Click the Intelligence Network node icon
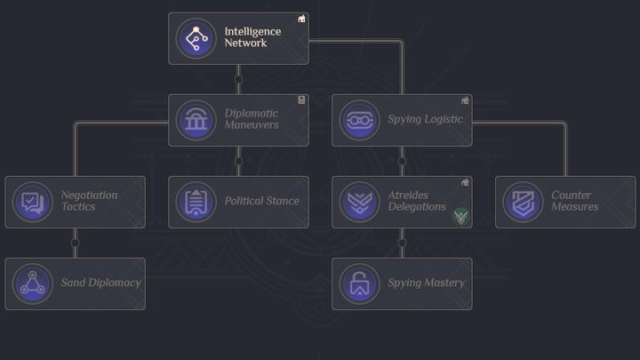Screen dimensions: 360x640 (x=196, y=38)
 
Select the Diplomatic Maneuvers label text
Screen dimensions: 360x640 (x=252, y=119)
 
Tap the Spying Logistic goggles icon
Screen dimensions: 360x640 (x=359, y=120)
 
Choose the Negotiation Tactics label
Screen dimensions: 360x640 (x=89, y=201)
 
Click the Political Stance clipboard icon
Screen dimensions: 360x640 (x=196, y=202)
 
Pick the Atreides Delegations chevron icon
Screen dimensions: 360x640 (x=359, y=202)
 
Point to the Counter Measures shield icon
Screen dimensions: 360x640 (x=523, y=202)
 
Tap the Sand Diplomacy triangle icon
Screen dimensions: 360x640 (x=32, y=284)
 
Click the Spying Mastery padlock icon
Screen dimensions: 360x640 (x=359, y=284)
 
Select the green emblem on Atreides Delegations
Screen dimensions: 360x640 (x=460, y=216)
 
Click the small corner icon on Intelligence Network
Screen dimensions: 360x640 (x=301, y=19)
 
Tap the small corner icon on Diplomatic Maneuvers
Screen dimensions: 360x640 (x=301, y=100)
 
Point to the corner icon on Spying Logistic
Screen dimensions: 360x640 (x=465, y=100)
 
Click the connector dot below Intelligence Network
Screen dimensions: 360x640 (x=238, y=79)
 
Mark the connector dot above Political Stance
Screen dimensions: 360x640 (x=238, y=161)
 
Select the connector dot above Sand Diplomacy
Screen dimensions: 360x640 (x=75, y=243)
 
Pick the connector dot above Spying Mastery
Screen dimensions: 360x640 (x=402, y=243)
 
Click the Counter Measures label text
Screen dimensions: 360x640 (x=574, y=201)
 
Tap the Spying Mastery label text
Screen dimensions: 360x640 (x=426, y=284)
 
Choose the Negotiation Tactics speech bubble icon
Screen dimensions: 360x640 (x=32, y=202)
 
